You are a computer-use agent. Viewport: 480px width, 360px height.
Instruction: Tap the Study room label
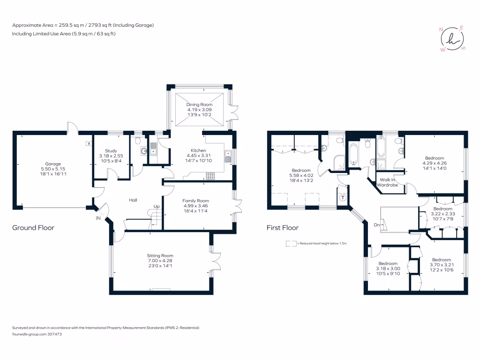(111, 150)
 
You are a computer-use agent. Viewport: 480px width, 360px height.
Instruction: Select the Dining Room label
(199, 105)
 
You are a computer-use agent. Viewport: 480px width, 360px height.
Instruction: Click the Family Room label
(195, 201)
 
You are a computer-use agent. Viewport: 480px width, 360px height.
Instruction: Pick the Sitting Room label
(160, 255)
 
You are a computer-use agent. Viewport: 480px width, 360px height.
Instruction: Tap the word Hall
(133, 201)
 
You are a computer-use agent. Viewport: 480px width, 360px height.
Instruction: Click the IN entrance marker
(98, 218)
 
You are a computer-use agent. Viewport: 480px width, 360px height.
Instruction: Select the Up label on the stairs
(156, 206)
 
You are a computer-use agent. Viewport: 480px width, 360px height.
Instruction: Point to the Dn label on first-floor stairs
(376, 225)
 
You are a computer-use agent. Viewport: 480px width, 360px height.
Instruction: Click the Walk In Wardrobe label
(389, 182)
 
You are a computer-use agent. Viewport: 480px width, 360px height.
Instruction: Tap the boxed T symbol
(342, 198)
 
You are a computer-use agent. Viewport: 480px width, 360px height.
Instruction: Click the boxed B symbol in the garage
(88, 143)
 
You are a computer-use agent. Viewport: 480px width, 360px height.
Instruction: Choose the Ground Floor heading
(33, 228)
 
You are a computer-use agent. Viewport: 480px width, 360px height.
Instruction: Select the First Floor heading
(282, 228)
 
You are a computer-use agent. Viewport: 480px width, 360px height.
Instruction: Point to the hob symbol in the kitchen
(210, 176)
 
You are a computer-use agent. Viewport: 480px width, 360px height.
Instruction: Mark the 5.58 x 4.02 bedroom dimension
(301, 175)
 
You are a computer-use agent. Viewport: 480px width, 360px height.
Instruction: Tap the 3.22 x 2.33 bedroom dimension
(442, 214)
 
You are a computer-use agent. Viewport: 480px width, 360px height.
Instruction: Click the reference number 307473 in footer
(54, 334)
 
